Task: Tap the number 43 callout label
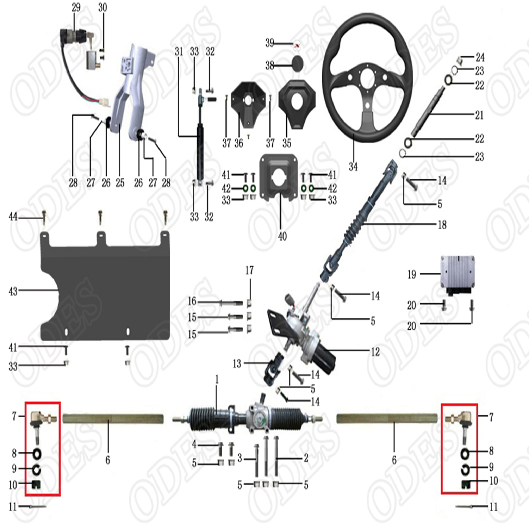point(13,292)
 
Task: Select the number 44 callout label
point(13,217)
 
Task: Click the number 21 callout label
point(479,115)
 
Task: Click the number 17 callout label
point(249,270)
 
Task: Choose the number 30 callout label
point(103,7)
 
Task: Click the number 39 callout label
point(270,43)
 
